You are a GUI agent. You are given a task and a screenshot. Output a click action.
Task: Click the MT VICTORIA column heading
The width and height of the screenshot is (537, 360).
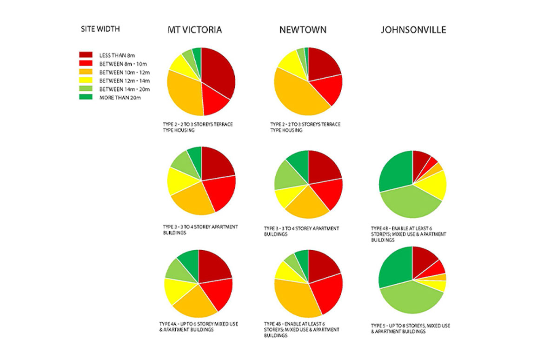click(195, 30)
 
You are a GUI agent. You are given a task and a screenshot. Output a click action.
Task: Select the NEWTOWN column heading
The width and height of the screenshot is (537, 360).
click(303, 30)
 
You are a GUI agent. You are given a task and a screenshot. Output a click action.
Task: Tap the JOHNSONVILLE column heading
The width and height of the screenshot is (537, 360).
click(413, 30)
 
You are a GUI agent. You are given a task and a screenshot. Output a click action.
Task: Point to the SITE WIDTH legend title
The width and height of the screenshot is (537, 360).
click(100, 29)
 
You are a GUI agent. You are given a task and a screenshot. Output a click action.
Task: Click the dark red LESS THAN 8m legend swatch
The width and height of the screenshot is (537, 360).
click(86, 55)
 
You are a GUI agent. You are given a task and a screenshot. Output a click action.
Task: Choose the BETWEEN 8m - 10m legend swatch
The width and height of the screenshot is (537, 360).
click(86, 63)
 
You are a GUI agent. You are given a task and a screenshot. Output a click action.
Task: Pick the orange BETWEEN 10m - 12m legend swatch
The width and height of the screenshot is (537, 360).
click(86, 72)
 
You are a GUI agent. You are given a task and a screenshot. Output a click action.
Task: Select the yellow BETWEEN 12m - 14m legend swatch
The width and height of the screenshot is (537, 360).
click(86, 80)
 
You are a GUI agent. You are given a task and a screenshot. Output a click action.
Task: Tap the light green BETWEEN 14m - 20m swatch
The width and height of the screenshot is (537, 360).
click(86, 89)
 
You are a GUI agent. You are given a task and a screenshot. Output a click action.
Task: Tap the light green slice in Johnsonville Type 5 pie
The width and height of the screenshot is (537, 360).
click(409, 298)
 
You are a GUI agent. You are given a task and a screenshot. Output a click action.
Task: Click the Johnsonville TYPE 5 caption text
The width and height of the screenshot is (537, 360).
click(410, 329)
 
